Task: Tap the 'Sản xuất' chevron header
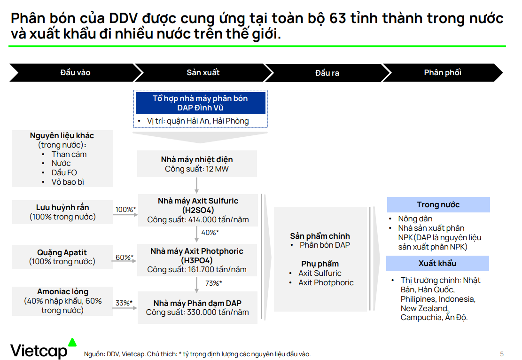pyautogui.click(x=203, y=72)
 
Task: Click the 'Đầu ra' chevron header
pyautogui.click(x=327, y=72)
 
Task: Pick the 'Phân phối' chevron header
pyautogui.click(x=443, y=72)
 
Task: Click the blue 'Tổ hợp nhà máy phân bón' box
pyautogui.click(x=201, y=103)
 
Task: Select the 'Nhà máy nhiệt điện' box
pyautogui.click(x=197, y=164)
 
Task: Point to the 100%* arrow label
pyautogui.click(x=125, y=210)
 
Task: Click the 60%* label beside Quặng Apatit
pyautogui.click(x=125, y=258)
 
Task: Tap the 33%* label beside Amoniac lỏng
pyautogui.click(x=124, y=303)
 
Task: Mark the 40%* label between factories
pyautogui.click(x=210, y=233)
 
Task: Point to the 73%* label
pyautogui.click(x=213, y=283)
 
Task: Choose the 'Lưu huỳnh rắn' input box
pyautogui.click(x=62, y=212)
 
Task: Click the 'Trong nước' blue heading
pyautogui.click(x=438, y=204)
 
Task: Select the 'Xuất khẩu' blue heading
pyautogui.click(x=437, y=264)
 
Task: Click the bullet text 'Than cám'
pyautogui.click(x=69, y=155)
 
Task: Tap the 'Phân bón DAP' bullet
pyautogui.click(x=325, y=245)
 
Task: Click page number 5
pyautogui.click(x=502, y=354)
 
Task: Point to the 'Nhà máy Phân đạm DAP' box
pyautogui.click(x=197, y=308)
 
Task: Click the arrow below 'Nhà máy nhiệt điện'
pyautogui.click(x=197, y=186)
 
